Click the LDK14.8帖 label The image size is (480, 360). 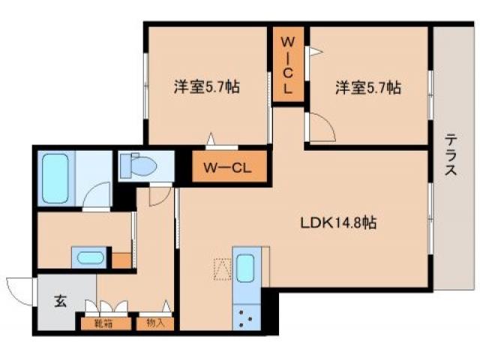click(338, 223)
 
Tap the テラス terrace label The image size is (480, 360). click(451, 154)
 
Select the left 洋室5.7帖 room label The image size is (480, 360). click(207, 87)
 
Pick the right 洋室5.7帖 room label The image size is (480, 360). click(367, 87)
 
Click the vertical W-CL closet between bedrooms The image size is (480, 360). click(288, 66)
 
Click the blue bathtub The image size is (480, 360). click(55, 178)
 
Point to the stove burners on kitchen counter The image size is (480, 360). click(245, 316)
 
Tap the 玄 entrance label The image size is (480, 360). click(61, 302)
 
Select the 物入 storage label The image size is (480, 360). click(155, 325)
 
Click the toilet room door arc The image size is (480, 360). click(158, 195)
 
